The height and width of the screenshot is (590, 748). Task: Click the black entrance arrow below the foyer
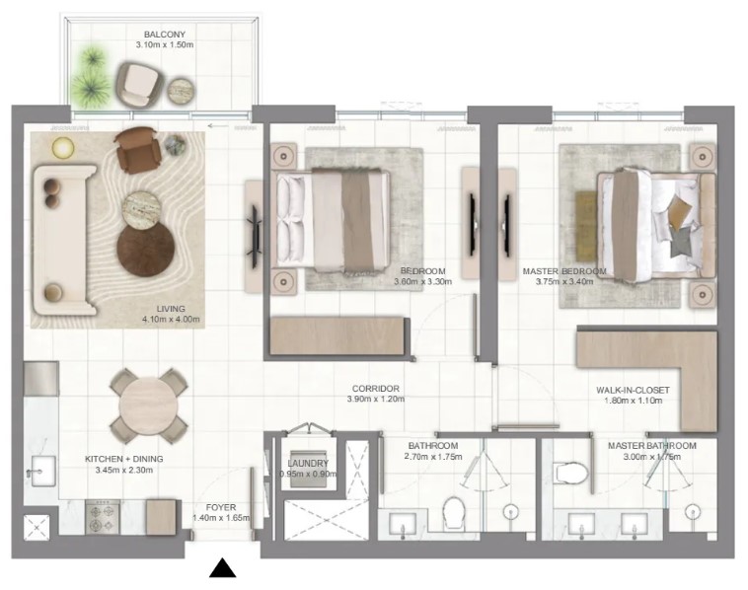[x=222, y=567]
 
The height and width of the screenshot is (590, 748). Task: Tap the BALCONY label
[x=165, y=35]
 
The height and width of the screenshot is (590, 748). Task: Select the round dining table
[x=148, y=406]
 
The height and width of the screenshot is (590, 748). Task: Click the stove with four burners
[x=103, y=518]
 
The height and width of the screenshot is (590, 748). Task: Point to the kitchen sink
[x=43, y=471]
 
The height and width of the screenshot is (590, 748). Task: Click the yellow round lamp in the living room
[x=63, y=147]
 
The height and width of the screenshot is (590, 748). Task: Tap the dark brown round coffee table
[x=146, y=250]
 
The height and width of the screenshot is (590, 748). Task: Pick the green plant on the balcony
[x=91, y=78]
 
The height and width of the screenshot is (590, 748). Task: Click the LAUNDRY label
[x=308, y=463]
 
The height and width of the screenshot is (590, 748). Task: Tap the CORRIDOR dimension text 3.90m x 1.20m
[x=376, y=399]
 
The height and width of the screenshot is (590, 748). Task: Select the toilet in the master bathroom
[x=570, y=474]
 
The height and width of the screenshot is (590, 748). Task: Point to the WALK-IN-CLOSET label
[x=633, y=390]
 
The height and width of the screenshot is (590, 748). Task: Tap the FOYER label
[x=221, y=507]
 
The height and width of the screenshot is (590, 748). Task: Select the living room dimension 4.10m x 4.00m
[x=171, y=319]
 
